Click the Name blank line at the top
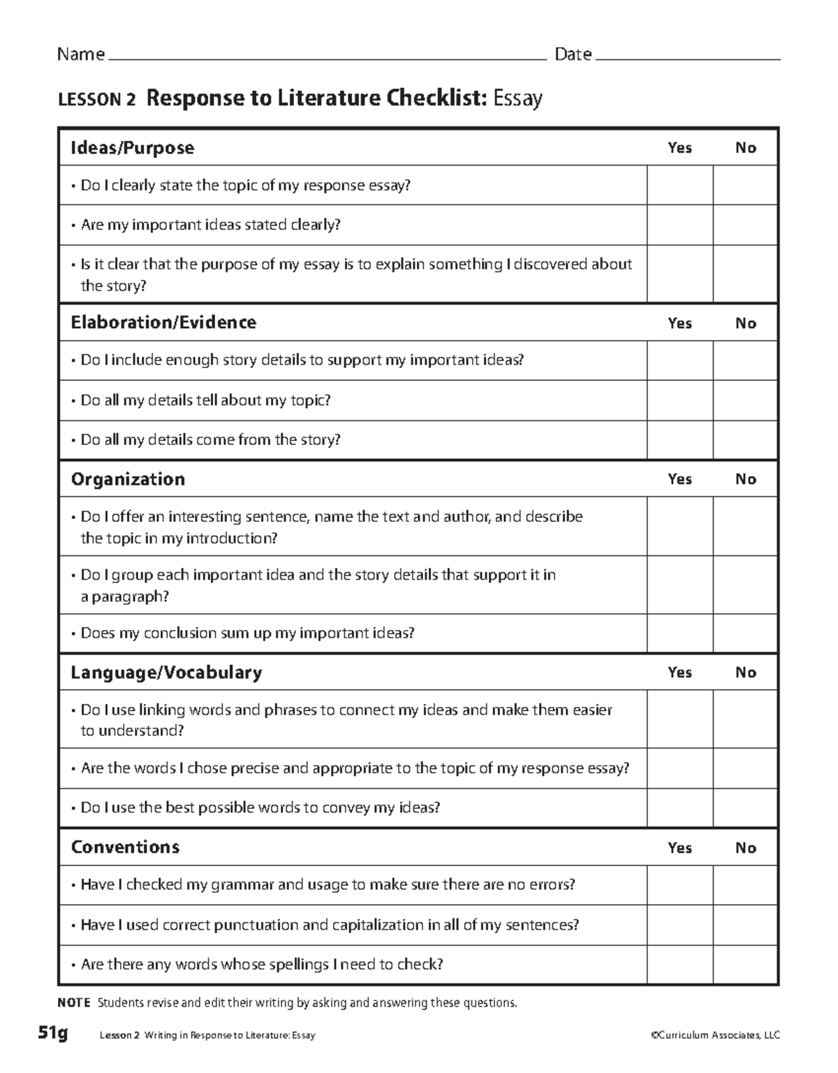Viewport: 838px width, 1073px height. [325, 57]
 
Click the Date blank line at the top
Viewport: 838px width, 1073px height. [687, 57]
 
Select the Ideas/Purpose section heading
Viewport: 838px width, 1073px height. [133, 148]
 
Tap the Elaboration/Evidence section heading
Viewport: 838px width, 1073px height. [163, 323]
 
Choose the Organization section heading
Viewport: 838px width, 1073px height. [128, 479]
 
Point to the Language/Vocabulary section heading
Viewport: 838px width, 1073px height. [166, 673]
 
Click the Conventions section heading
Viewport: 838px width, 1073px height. [125, 847]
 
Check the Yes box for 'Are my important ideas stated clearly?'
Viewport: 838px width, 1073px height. [679, 225]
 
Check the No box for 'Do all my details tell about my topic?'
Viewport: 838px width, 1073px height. [745, 400]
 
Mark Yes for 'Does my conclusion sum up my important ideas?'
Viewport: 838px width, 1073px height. [679, 634]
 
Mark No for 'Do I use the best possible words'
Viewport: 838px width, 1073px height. [745, 808]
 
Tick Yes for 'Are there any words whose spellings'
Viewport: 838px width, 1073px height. [679, 965]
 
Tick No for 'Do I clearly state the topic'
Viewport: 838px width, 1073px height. [745, 185]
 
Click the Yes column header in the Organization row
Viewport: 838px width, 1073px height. [679, 479]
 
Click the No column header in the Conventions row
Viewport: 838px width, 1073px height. [745, 848]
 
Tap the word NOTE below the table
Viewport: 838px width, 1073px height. [73, 1003]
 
